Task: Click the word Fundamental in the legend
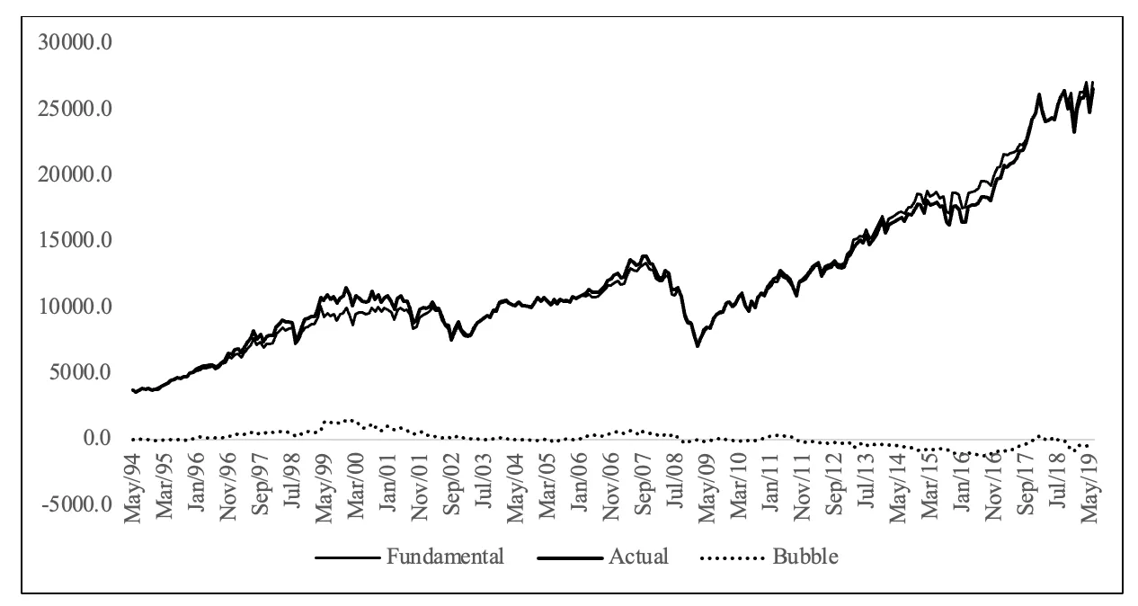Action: [446, 557]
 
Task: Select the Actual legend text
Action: [638, 557]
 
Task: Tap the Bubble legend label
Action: [805, 557]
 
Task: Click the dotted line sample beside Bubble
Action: [733, 557]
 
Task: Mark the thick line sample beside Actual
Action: [570, 557]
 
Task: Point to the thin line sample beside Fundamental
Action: [347, 557]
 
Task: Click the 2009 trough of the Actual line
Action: [697, 345]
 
